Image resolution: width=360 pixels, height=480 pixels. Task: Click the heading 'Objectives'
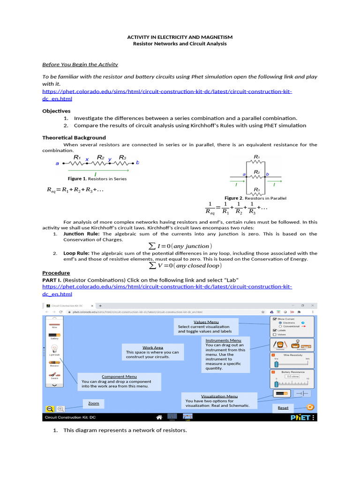(56, 111)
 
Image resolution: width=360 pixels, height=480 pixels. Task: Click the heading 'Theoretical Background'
(74, 138)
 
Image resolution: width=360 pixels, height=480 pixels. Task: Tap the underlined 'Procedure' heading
(56, 273)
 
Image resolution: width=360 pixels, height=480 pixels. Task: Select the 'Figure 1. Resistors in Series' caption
(97, 179)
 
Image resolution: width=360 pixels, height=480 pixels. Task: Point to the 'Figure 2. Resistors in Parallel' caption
(255, 198)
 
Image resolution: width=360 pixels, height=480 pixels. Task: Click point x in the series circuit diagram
(87, 160)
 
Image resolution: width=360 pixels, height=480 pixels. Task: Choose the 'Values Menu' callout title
(206, 322)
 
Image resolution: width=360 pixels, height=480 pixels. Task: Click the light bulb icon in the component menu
(54, 349)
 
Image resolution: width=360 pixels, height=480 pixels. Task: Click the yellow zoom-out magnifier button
(49, 409)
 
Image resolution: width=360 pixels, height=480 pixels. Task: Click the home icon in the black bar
(159, 417)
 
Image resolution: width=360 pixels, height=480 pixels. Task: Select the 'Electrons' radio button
(280, 323)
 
